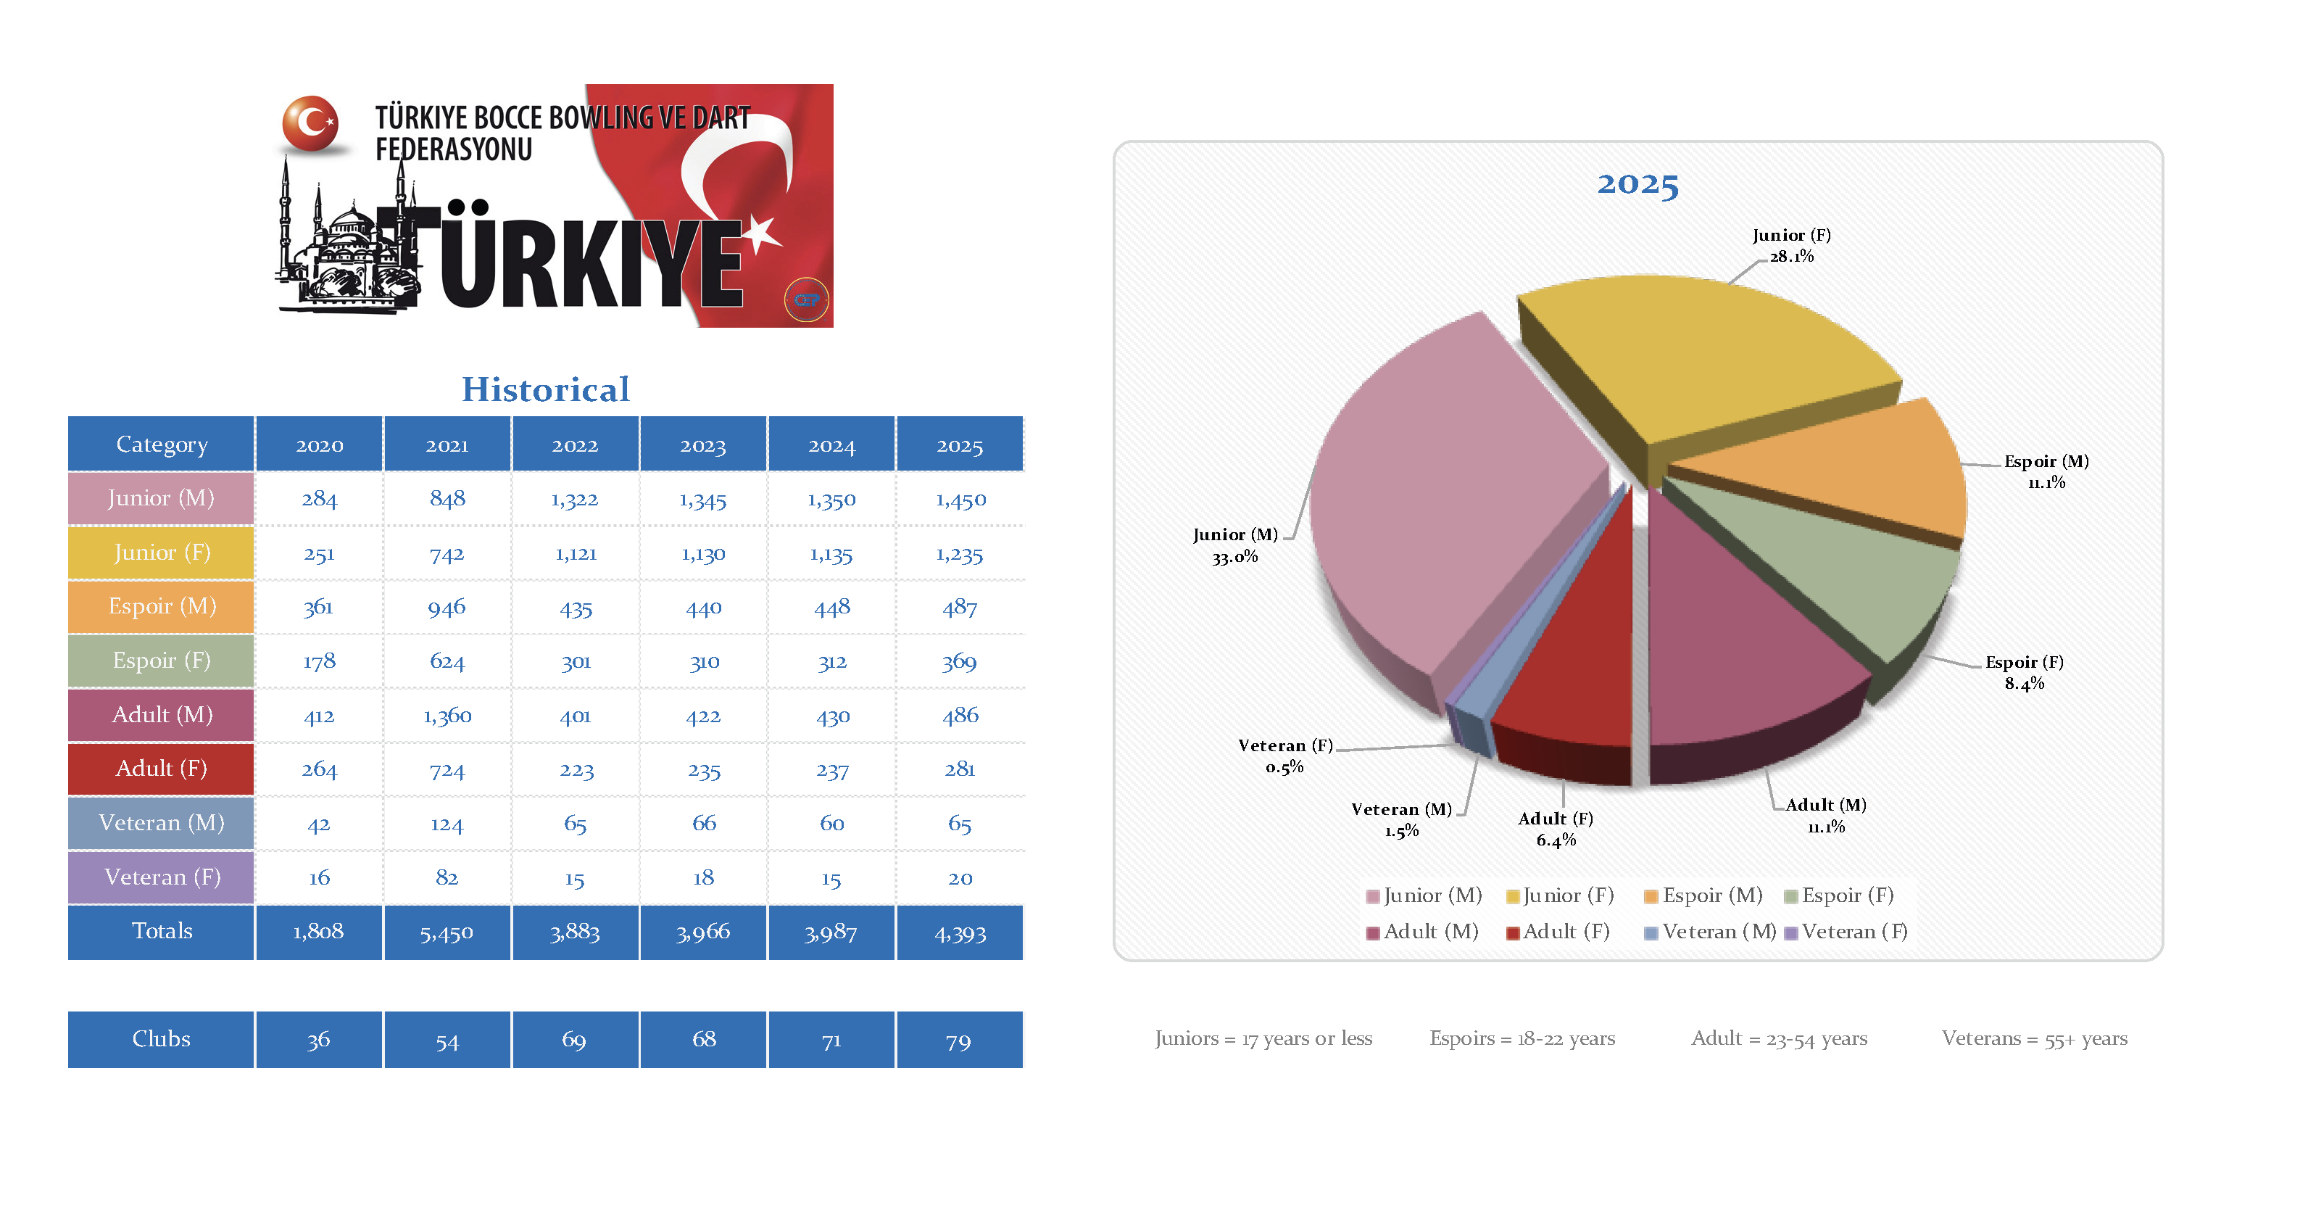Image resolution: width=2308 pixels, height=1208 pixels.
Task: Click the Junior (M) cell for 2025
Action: (960, 499)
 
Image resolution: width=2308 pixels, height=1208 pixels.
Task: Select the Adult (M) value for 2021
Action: (447, 715)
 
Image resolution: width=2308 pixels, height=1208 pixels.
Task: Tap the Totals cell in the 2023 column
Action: (703, 932)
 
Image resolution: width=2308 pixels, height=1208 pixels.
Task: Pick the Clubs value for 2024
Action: (831, 1040)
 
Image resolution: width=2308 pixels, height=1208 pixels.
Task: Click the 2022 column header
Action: (574, 444)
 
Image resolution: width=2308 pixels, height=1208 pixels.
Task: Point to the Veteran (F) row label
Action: (161, 877)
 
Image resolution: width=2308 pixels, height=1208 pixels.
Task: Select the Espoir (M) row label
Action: (161, 607)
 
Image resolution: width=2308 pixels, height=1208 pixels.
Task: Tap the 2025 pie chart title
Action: (1637, 183)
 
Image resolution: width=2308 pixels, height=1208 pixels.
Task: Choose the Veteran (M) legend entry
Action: (1711, 932)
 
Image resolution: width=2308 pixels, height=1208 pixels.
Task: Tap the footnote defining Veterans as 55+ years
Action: (2034, 1038)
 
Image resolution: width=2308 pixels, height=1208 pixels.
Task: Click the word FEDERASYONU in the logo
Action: (453, 149)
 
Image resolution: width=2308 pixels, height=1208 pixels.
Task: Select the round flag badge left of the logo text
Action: (311, 123)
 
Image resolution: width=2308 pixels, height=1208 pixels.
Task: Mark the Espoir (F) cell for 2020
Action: (319, 661)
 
